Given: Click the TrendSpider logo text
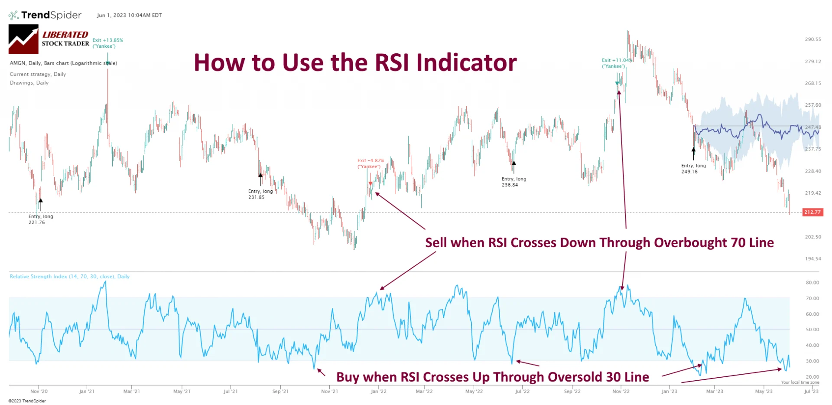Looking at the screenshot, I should [51, 15].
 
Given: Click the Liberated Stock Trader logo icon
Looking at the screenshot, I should [23, 39].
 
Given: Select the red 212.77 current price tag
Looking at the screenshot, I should [812, 212].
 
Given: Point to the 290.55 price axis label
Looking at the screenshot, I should [812, 39].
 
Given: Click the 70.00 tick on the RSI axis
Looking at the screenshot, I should [812, 298].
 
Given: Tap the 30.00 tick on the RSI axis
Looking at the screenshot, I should [812, 361].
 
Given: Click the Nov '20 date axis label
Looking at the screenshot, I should [39, 391].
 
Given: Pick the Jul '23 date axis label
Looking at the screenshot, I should [811, 391].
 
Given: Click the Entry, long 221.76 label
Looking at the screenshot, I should [41, 219].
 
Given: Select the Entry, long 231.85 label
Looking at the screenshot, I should [260, 194].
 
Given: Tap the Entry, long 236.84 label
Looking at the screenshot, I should [514, 182].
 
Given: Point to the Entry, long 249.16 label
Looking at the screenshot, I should [693, 169].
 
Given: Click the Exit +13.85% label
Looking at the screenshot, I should [107, 43].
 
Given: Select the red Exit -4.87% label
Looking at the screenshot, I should [370, 163].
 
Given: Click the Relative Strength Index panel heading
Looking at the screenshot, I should [69, 277].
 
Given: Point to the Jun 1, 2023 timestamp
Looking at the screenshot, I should [129, 15].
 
